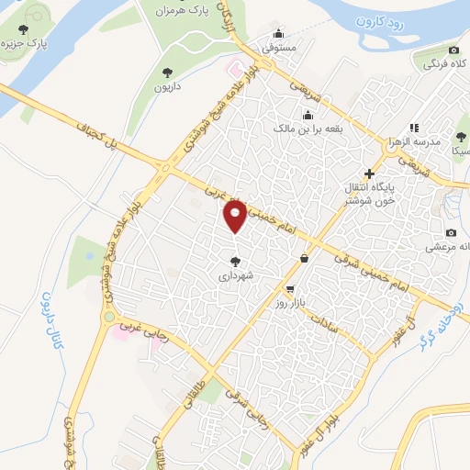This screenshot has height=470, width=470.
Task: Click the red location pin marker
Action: click(x=236, y=217)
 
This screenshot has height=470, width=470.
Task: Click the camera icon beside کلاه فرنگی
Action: click(x=453, y=50)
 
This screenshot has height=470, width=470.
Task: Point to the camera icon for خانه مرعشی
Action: click(x=451, y=233)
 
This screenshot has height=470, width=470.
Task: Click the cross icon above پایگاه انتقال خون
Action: click(x=369, y=173)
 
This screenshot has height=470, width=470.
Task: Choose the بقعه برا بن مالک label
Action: click(x=308, y=129)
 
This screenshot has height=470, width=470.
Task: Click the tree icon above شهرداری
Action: click(x=238, y=261)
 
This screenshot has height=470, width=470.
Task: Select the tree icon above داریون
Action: click(x=166, y=72)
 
